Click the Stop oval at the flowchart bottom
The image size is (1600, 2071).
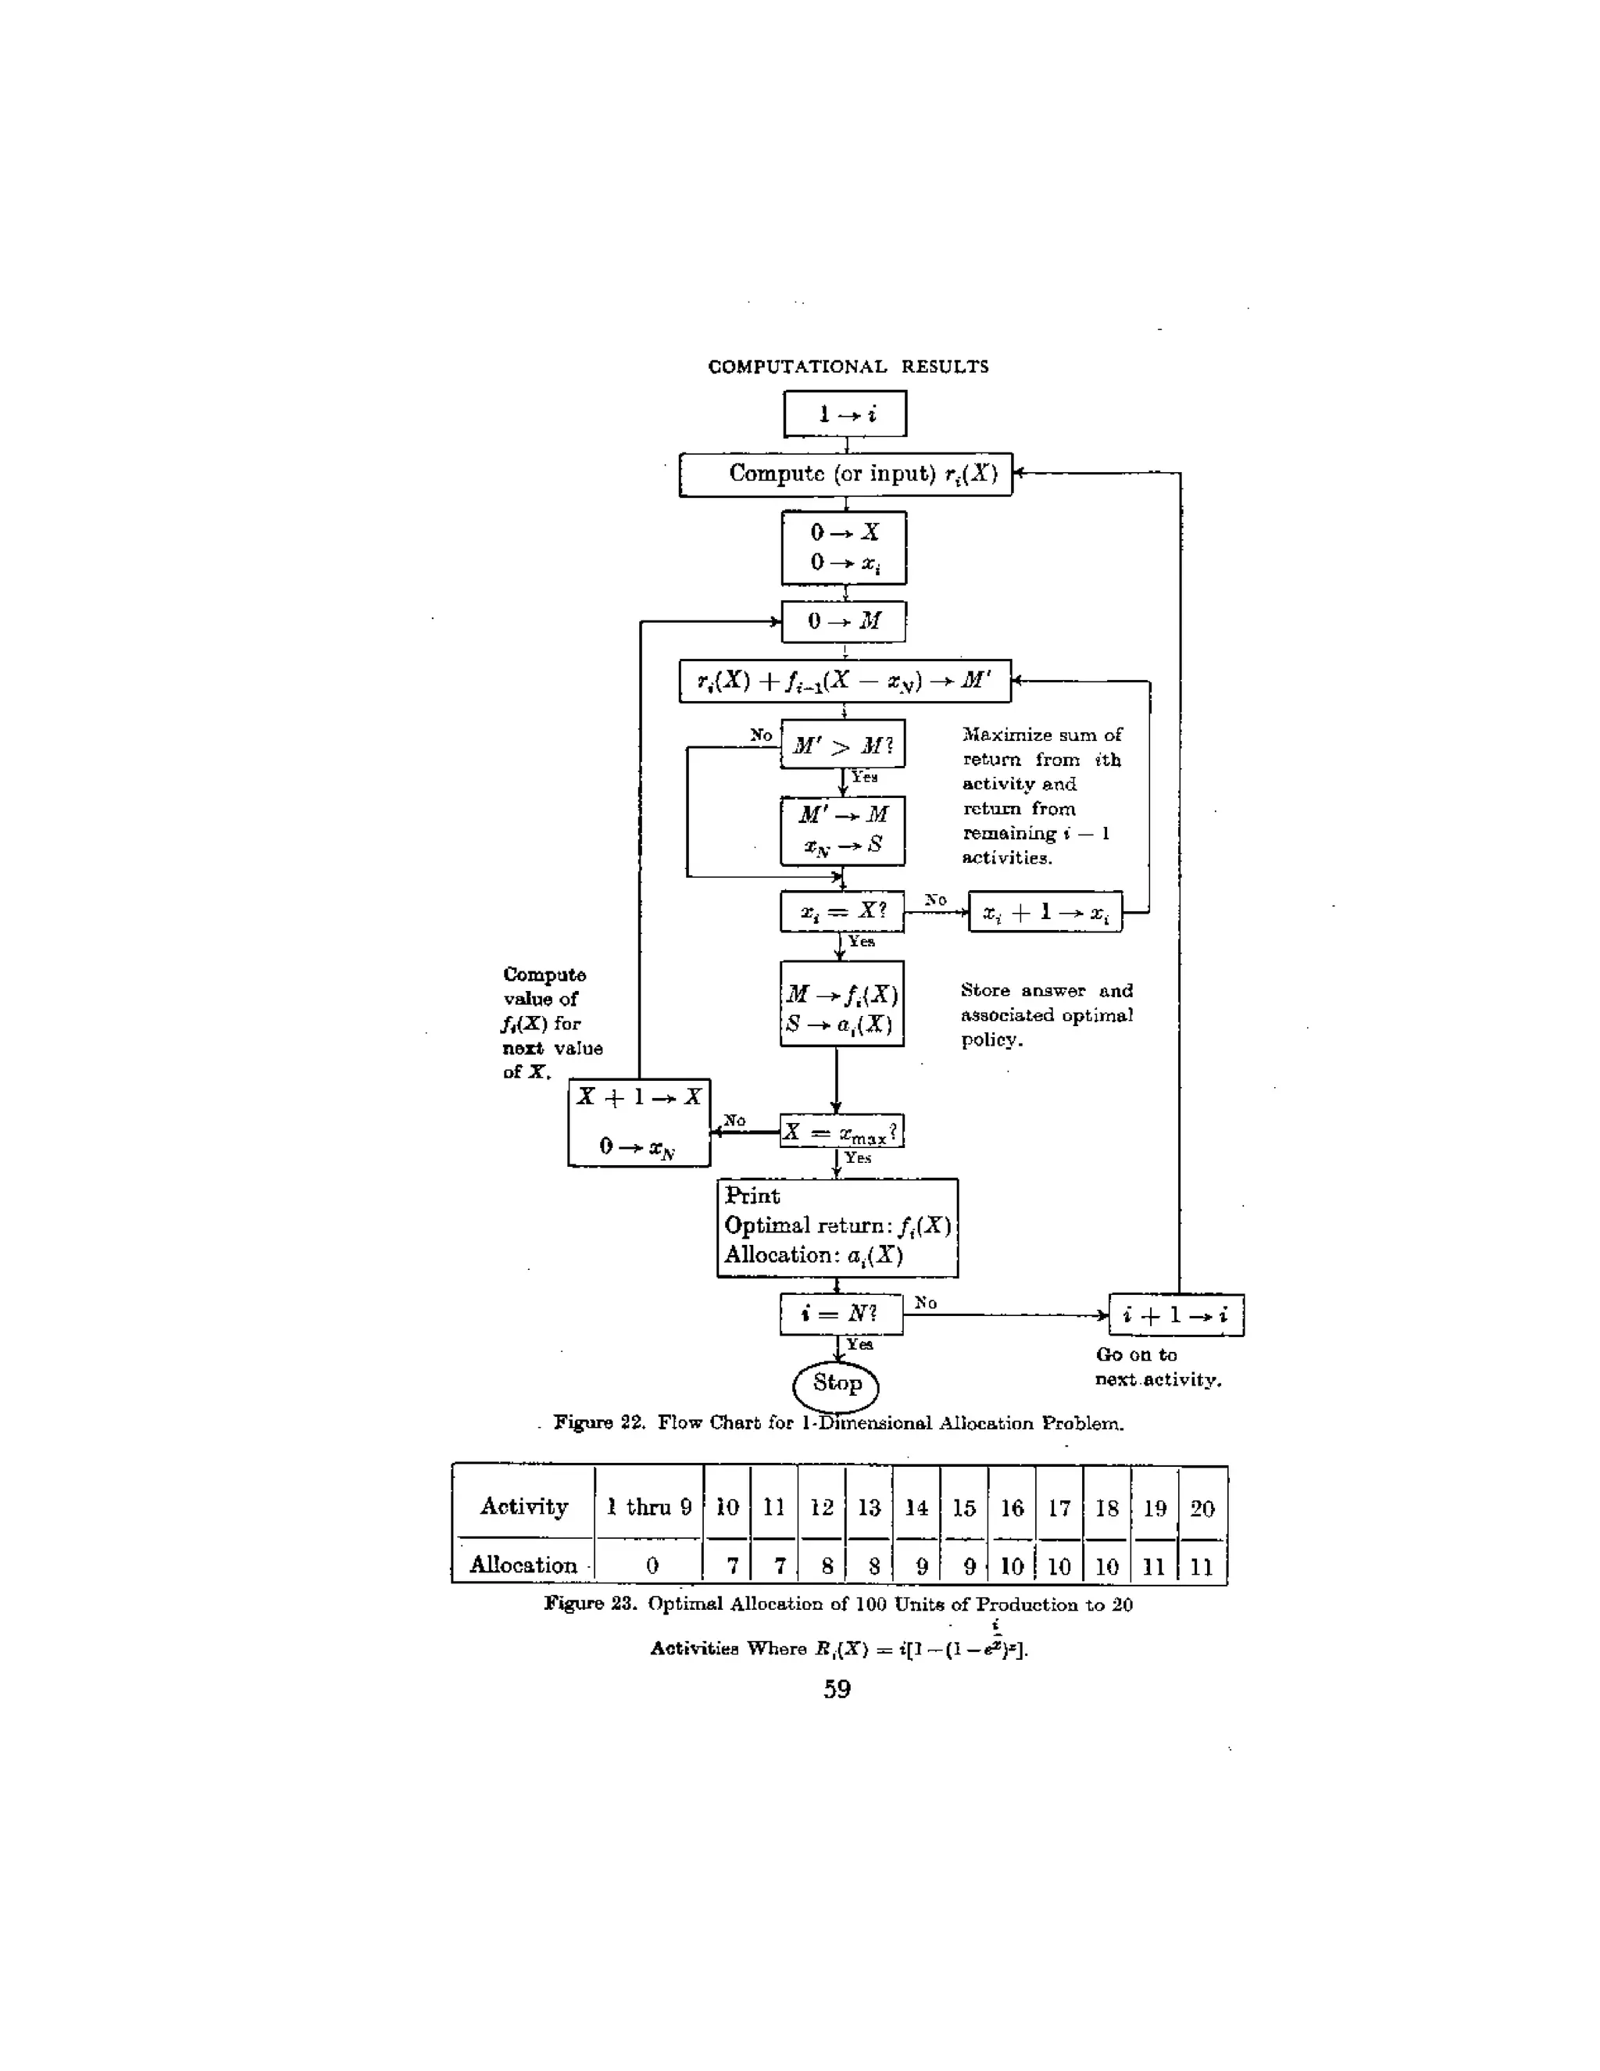click(836, 1383)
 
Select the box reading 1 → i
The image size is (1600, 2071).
click(845, 414)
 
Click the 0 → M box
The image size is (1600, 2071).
click(844, 621)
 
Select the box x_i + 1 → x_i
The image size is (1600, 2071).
click(1045, 912)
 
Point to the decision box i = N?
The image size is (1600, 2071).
click(841, 1314)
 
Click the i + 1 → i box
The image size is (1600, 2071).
click(1175, 1315)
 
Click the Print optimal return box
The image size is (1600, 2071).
click(837, 1227)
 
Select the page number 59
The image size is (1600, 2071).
click(837, 1689)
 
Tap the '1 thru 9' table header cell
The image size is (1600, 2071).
click(649, 1507)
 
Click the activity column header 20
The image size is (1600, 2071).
click(1202, 1508)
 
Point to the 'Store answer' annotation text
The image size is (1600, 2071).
click(1046, 1014)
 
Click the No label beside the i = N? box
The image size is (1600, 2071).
click(926, 1303)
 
